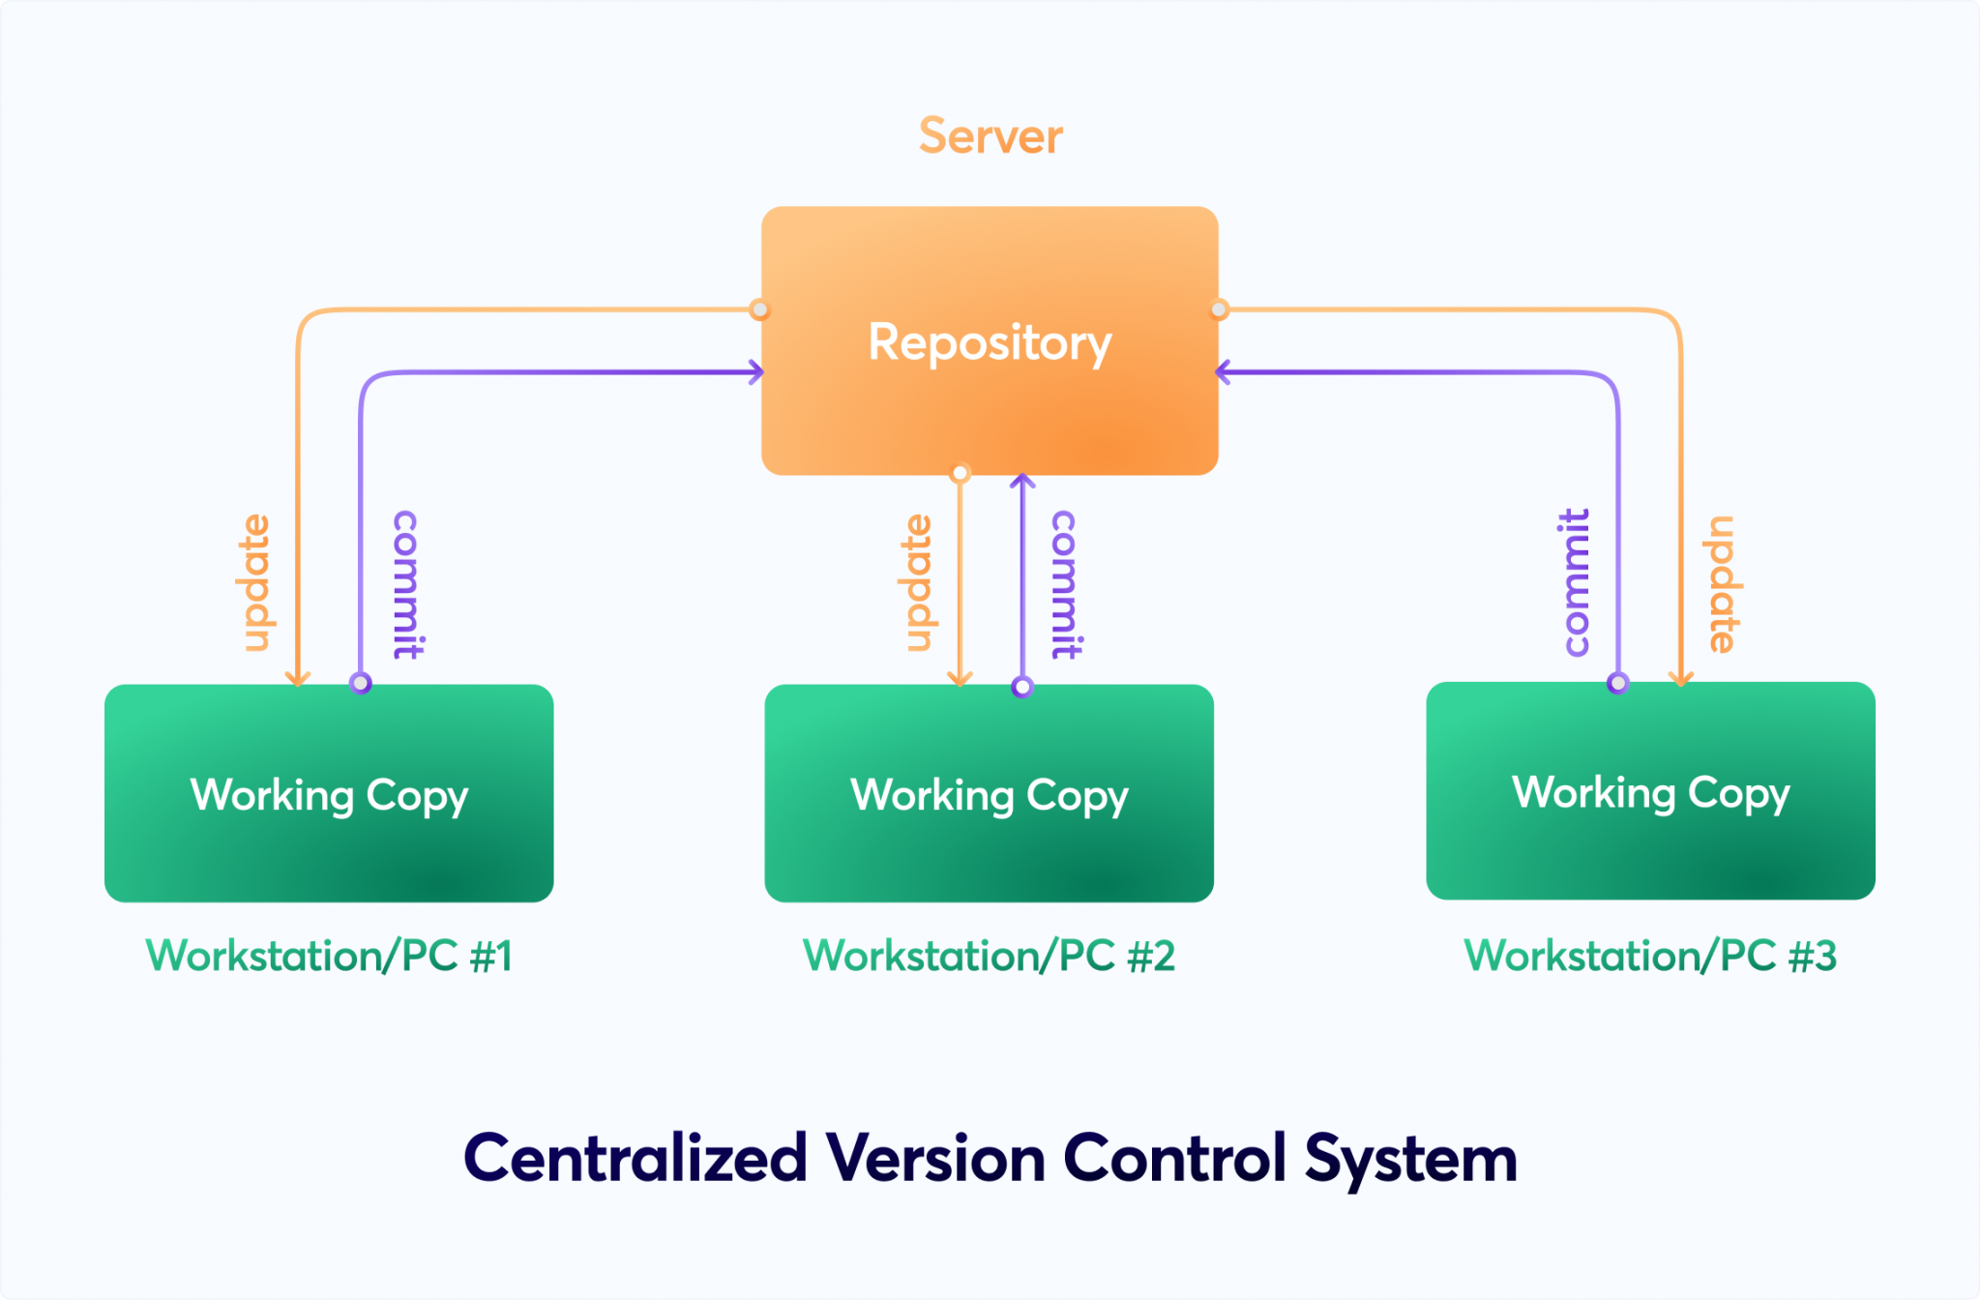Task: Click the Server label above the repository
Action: point(990,135)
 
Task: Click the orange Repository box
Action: point(990,340)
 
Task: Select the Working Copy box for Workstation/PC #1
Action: point(329,793)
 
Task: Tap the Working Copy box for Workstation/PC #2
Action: point(989,793)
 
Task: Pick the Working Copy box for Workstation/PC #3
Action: point(1650,790)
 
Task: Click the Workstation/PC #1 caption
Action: point(329,956)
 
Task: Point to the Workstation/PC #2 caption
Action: point(989,956)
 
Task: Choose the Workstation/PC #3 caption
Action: point(1650,956)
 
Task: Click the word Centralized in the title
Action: point(636,1158)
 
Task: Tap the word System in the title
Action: point(1410,1160)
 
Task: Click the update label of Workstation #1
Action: point(255,582)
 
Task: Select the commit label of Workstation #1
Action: point(406,584)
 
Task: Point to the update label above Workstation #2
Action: point(917,582)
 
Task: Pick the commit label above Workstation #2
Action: point(1066,584)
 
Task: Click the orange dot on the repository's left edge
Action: point(760,310)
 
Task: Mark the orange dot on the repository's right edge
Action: point(1219,310)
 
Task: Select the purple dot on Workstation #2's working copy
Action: point(1022,687)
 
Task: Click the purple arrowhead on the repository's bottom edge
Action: point(1022,481)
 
